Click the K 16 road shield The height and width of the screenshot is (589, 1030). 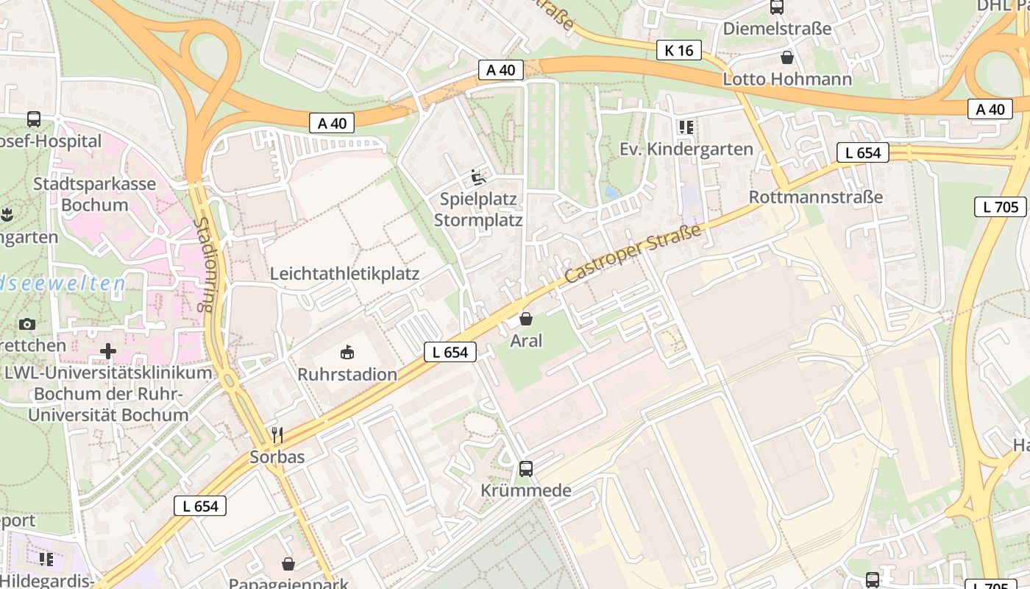(x=678, y=50)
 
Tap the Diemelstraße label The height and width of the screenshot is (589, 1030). (x=777, y=29)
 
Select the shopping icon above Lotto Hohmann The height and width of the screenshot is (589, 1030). (x=787, y=57)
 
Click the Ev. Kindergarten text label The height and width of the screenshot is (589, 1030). (x=686, y=149)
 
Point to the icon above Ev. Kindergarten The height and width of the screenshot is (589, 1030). (x=686, y=127)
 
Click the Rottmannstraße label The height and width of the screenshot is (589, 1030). (x=815, y=197)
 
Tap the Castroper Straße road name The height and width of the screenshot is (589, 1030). (x=633, y=255)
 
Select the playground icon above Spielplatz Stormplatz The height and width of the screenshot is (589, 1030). (x=478, y=177)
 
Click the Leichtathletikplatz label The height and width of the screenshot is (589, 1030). (x=344, y=274)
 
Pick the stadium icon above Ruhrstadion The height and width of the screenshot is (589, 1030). (x=347, y=353)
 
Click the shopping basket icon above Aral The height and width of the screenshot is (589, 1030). (x=526, y=319)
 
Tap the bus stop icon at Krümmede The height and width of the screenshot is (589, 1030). (x=526, y=468)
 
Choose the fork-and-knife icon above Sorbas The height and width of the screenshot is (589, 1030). (x=277, y=435)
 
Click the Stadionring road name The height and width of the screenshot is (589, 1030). (x=206, y=264)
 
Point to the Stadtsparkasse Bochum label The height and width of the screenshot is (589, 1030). (x=94, y=194)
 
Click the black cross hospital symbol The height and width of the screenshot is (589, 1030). (x=108, y=350)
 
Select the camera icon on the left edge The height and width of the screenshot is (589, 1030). (x=27, y=324)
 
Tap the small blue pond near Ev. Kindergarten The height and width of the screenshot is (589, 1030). (x=611, y=193)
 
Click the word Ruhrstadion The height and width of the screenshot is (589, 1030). (x=347, y=374)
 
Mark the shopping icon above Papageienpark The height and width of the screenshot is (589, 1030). (x=288, y=564)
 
